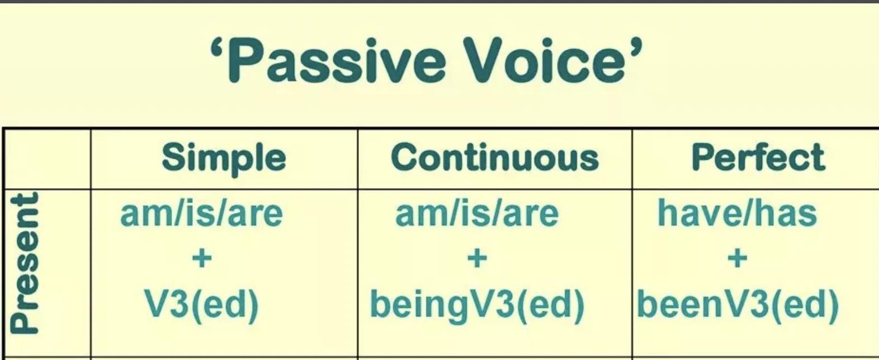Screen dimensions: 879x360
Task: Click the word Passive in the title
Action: tap(337, 60)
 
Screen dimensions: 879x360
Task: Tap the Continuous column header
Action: tap(495, 157)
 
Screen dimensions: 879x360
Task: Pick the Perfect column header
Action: tap(759, 157)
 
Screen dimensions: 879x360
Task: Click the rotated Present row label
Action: tap(25, 263)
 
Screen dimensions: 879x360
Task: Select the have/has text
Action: tap(738, 213)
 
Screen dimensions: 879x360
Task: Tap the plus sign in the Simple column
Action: tap(202, 259)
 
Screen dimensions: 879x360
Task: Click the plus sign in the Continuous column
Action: tap(478, 259)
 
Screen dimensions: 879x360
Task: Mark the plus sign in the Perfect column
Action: tap(738, 259)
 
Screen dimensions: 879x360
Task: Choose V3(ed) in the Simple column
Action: tap(202, 305)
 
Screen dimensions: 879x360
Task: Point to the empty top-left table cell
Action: tap(48, 159)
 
